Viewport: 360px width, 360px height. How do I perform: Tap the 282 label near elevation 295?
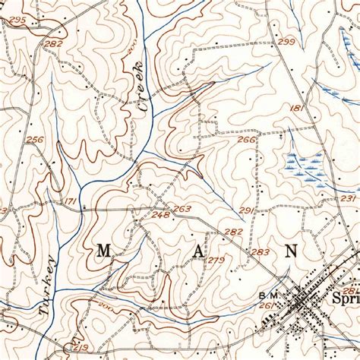pyautogui.click(x=53, y=45)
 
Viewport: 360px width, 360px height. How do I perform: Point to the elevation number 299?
pyautogui.click(x=286, y=42)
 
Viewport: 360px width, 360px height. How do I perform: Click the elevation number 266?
pyautogui.click(x=245, y=139)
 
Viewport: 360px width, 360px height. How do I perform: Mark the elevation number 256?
pyautogui.click(x=34, y=140)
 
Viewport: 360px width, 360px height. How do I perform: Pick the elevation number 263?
pyautogui.click(x=182, y=208)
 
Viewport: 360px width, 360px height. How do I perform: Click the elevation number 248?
pyautogui.click(x=160, y=215)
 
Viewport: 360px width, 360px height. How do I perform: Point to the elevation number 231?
pyautogui.click(x=348, y=198)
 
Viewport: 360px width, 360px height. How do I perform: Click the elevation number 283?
pyautogui.click(x=261, y=252)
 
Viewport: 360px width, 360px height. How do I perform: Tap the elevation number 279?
pyautogui.click(x=216, y=261)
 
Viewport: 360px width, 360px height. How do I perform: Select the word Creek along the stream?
pyautogui.click(x=139, y=90)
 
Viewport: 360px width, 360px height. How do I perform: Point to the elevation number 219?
pyautogui.click(x=81, y=347)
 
